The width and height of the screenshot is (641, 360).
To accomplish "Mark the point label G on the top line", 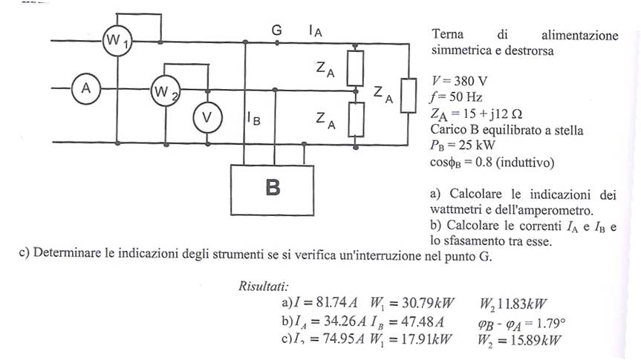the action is (x=277, y=30).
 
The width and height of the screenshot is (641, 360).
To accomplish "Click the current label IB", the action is (x=253, y=119).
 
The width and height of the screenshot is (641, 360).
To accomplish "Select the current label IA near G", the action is (x=315, y=31).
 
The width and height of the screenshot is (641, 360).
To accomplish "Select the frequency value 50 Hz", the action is (x=466, y=96).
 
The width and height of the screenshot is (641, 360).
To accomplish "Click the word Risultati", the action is (x=264, y=286).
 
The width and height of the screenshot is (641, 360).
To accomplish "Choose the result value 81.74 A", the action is (x=331, y=303).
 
